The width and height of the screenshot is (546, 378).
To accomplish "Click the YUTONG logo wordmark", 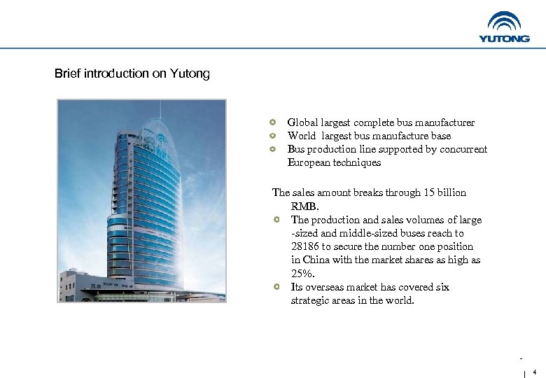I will tap(504, 38).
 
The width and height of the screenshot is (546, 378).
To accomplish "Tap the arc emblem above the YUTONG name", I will tap(504, 22).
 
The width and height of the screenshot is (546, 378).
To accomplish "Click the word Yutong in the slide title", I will tap(190, 73).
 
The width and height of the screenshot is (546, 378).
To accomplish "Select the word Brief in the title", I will tap(68, 73).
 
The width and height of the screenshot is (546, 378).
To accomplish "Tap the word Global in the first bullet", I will tap(302, 122).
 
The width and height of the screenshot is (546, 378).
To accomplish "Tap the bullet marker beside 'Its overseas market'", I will tap(277, 287).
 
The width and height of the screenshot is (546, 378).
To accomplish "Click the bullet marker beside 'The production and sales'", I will tap(277, 220).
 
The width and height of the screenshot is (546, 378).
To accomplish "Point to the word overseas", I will tap(321, 287).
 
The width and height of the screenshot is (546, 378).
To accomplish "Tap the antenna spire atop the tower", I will tap(160, 108).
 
